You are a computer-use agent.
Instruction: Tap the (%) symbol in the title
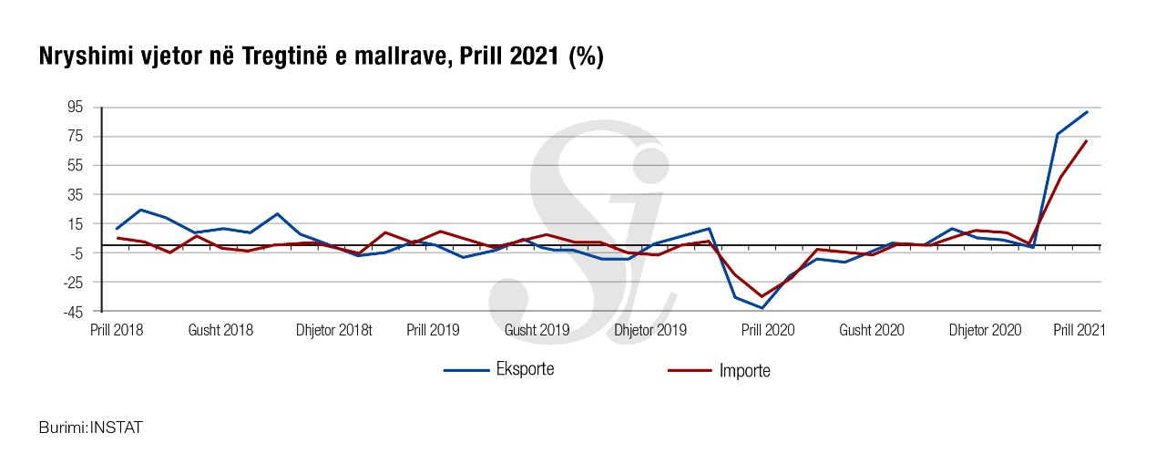[x=587, y=57]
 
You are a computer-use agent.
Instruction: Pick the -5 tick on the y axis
[x=76, y=253]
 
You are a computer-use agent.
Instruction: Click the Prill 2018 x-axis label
[x=116, y=330]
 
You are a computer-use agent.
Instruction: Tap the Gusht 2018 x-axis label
[x=220, y=330]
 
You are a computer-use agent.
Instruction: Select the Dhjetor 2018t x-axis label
[x=334, y=330]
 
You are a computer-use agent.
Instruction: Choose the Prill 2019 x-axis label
[x=433, y=330]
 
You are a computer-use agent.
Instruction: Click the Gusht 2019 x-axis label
[x=537, y=330]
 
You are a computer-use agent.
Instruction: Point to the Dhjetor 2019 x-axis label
[x=650, y=330]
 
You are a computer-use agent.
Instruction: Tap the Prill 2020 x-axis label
[x=767, y=330]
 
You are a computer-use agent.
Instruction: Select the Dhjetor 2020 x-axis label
[x=985, y=330]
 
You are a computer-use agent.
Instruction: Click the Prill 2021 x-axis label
[x=1079, y=330]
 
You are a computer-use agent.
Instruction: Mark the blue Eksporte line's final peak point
[x=1087, y=112]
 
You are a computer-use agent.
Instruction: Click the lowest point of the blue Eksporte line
[x=762, y=308]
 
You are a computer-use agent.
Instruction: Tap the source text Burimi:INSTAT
[x=91, y=427]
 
